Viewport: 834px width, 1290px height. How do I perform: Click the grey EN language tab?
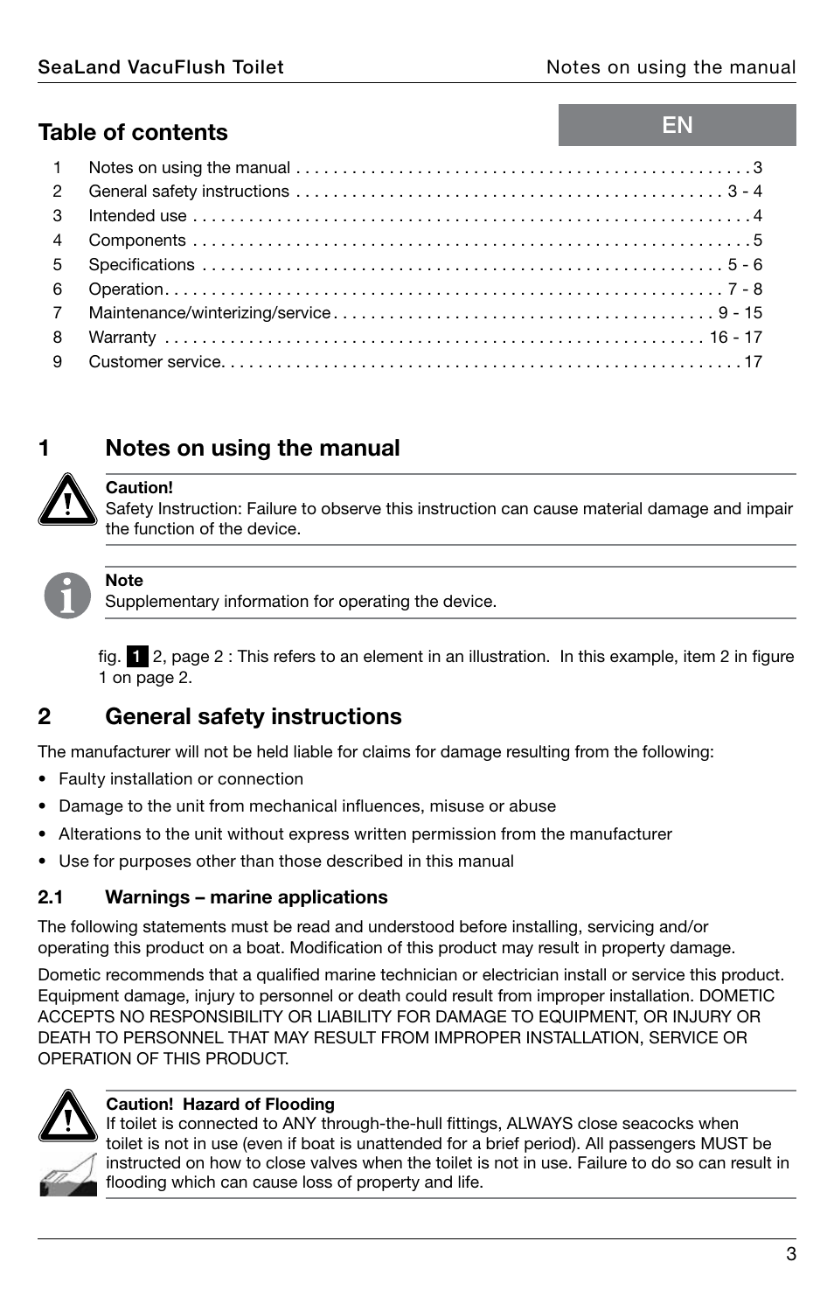677,125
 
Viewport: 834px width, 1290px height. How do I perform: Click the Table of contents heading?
133,132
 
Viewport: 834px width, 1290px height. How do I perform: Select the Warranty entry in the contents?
122,338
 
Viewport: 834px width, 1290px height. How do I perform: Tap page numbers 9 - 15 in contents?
740,313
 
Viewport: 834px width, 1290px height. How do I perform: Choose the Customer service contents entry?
155,362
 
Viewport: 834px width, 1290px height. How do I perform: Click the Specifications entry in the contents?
142,265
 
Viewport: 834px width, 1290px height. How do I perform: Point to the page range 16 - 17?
735,338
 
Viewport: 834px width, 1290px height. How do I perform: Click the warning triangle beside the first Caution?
67,500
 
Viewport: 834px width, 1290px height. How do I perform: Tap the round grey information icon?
67,596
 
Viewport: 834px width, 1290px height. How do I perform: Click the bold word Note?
124,581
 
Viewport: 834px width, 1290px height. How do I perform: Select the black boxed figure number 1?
137,657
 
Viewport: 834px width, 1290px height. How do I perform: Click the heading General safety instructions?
254,716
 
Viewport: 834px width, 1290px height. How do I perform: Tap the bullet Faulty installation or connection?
181,779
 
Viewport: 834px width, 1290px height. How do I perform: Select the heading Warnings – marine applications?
247,897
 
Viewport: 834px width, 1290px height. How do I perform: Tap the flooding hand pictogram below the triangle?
67,1175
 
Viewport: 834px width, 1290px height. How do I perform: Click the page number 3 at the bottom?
790,1254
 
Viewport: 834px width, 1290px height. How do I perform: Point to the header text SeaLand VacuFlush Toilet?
161,67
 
